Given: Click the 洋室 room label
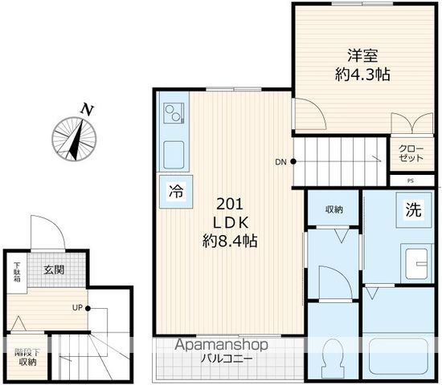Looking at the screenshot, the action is click(x=362, y=55).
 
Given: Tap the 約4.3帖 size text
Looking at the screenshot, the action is click(x=362, y=75).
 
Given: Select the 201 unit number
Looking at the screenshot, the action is click(x=230, y=205).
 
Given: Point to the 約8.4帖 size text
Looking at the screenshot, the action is click(x=230, y=241).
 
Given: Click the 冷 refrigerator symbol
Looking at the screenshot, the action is click(x=176, y=192).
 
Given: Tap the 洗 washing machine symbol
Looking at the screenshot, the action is click(x=414, y=209).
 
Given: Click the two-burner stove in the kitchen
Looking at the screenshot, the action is click(x=174, y=112).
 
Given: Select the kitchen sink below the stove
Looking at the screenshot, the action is click(x=174, y=155).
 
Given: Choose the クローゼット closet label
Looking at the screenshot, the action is click(x=411, y=153).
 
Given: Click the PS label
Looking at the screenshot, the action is click(x=411, y=181).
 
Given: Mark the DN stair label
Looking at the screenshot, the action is click(x=280, y=162).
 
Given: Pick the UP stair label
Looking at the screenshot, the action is click(x=77, y=308).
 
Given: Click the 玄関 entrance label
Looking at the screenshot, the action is click(x=54, y=269).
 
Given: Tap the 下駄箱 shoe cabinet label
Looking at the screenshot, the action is click(x=17, y=272).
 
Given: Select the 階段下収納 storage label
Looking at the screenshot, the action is click(x=27, y=357).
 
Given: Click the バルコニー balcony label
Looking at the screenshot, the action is click(x=227, y=359).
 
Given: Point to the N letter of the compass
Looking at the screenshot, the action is click(x=87, y=110).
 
